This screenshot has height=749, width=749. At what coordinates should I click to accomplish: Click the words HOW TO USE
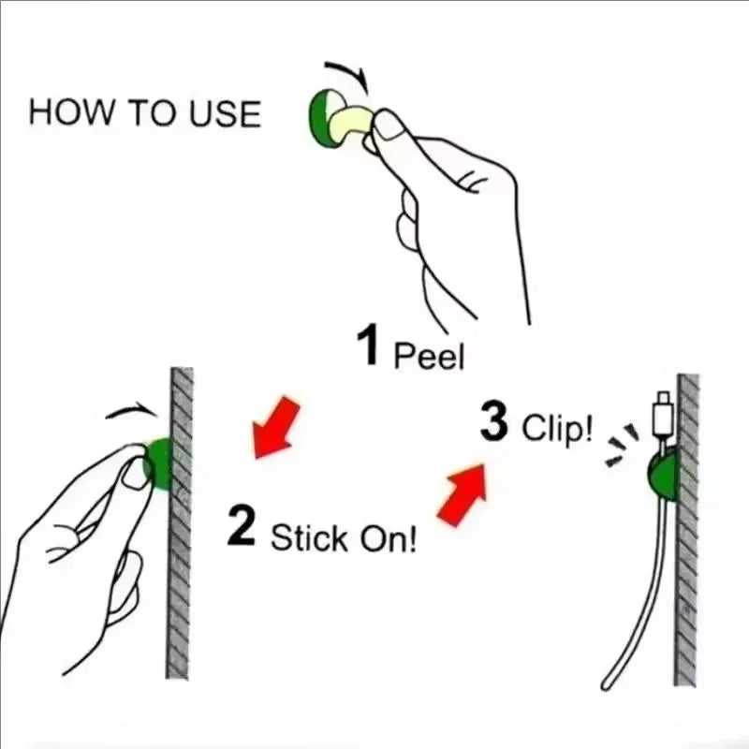point(144,112)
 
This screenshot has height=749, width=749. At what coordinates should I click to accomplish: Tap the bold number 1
point(369,346)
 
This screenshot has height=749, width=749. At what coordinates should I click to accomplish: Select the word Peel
point(429,356)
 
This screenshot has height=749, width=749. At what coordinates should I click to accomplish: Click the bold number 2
point(242,527)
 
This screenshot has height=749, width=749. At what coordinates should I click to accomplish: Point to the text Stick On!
point(344,538)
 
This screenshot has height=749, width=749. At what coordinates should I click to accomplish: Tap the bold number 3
point(493,422)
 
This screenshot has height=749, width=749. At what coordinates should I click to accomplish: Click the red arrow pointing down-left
point(277,427)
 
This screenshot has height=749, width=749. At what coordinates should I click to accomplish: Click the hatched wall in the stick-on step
point(180,562)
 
